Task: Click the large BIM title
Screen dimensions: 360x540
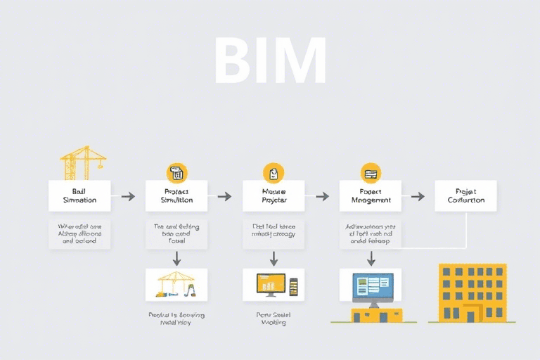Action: point(270,61)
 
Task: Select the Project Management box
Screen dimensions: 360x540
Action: point(370,195)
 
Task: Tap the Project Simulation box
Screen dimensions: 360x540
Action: point(176,195)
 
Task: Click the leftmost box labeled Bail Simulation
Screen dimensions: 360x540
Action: point(79,195)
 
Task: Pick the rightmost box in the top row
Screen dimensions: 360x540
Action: point(465,195)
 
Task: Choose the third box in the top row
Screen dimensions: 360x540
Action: point(274,195)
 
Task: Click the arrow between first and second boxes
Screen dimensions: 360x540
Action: point(127,196)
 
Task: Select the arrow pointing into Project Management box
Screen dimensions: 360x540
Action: point(321,196)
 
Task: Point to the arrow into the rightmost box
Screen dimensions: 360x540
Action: point(418,196)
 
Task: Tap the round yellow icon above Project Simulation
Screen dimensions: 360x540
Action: point(176,172)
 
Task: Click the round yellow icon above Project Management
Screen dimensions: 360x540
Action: point(370,172)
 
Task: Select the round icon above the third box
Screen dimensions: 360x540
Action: point(274,172)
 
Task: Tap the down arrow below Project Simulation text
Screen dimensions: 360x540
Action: point(176,257)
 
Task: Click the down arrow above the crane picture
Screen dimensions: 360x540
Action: point(176,257)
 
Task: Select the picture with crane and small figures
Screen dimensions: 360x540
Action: point(176,285)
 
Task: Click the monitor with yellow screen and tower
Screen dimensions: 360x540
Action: point(274,285)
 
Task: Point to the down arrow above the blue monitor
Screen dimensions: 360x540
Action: point(371,259)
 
